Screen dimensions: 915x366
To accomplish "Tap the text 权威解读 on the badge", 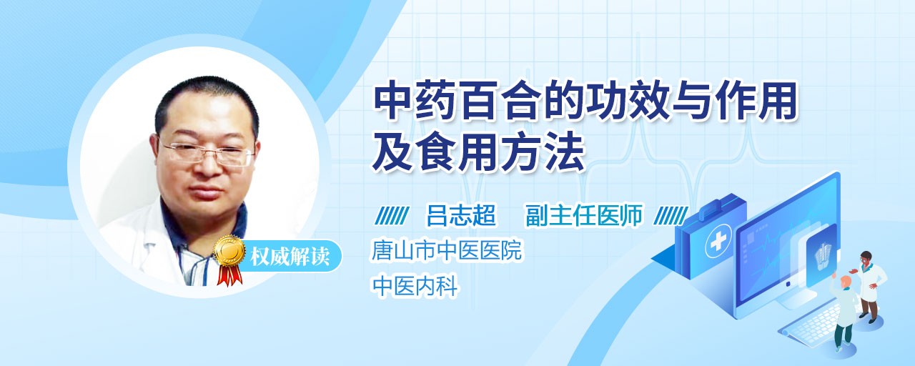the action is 290,257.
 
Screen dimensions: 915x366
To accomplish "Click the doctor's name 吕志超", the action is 461,215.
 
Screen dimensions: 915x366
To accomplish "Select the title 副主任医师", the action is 584,215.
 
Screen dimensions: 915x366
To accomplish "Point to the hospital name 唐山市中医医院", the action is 446,250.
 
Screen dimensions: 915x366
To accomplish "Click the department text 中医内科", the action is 414,285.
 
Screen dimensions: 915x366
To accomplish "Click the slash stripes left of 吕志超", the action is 392,216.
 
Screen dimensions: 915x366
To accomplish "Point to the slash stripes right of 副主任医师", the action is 671,216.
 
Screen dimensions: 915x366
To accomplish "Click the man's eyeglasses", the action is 207,152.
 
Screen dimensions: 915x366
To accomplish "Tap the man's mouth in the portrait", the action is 207,192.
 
